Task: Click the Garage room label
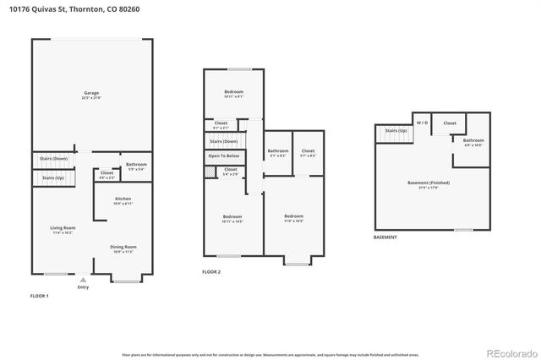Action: click(x=90, y=94)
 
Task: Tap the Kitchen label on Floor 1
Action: click(x=123, y=200)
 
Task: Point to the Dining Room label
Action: click(x=123, y=248)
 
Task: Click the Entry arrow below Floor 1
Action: click(x=83, y=279)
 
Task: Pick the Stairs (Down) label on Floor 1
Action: click(x=53, y=158)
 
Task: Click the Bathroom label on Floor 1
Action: click(x=136, y=166)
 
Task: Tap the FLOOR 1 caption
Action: click(x=40, y=297)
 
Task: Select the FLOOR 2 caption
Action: click(x=211, y=272)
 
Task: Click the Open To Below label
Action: click(x=223, y=156)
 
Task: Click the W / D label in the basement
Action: click(x=421, y=123)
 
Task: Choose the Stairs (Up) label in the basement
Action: click(x=396, y=131)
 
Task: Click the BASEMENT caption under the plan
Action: click(x=385, y=237)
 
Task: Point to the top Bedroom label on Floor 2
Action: click(x=234, y=92)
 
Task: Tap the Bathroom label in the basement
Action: click(x=473, y=141)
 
